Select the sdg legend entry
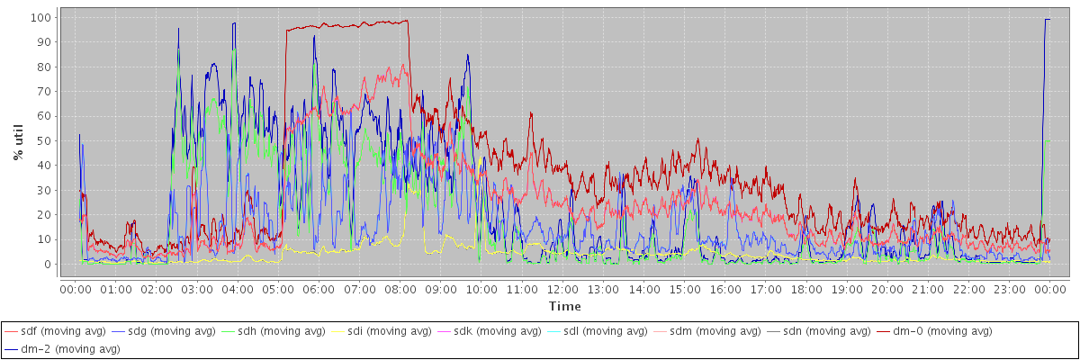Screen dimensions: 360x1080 point(171,331)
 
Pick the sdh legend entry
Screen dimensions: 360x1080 point(280,331)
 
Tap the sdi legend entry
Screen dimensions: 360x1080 point(388,331)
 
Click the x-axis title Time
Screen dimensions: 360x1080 point(564,307)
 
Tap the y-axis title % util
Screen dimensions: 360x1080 point(19,141)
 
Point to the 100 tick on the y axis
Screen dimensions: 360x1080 point(40,17)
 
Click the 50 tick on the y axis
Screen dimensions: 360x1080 point(43,140)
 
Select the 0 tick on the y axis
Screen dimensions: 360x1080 point(47,265)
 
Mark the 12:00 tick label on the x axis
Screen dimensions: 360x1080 point(563,289)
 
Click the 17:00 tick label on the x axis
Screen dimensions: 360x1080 point(767,289)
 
